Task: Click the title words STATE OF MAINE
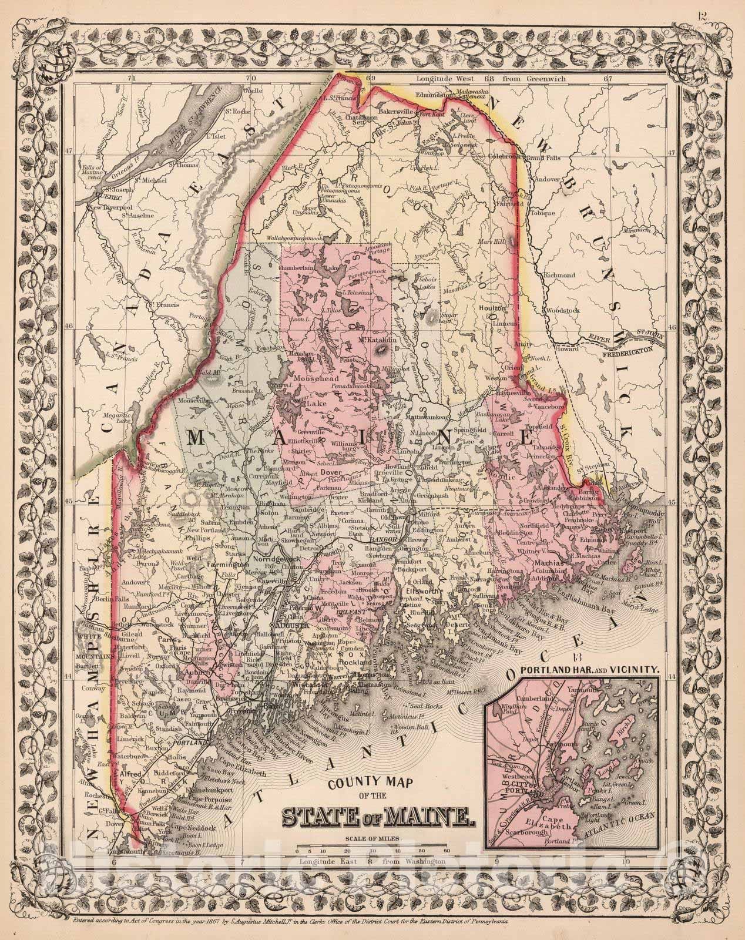375,816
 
